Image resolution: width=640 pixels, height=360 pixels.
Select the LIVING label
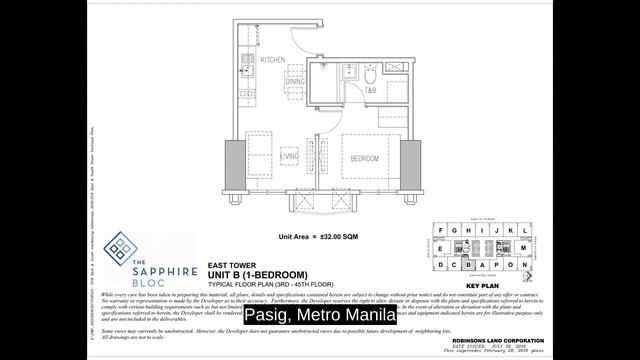click(290, 157)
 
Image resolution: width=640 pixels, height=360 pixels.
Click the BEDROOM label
click(363, 157)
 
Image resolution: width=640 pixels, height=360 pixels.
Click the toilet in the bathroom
click(368, 80)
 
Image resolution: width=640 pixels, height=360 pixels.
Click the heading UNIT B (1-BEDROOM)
click(257, 275)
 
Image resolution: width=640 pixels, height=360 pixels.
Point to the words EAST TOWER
click(228, 265)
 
